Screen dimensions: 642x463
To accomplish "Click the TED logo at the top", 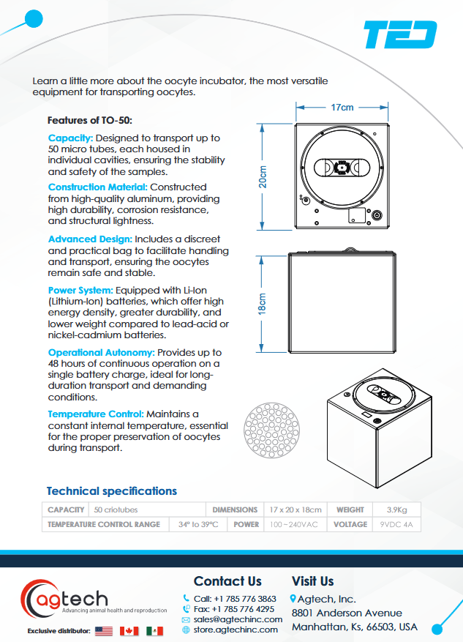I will pyautogui.click(x=400, y=35).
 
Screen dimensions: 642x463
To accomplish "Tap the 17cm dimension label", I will pyautogui.click(x=342, y=108).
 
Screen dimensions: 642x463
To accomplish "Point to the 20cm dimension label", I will pyautogui.click(x=263, y=177).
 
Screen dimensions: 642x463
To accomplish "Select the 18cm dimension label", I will pyautogui.click(x=263, y=303).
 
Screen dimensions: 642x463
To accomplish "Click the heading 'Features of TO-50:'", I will pyautogui.click(x=89, y=120).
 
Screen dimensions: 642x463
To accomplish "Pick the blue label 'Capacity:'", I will pyautogui.click(x=70, y=138).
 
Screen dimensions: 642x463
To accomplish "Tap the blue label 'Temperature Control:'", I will pyautogui.click(x=96, y=414).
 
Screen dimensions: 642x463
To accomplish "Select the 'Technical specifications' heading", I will pyautogui.click(x=111, y=490).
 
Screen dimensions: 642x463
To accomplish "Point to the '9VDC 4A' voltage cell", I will pyautogui.click(x=398, y=524).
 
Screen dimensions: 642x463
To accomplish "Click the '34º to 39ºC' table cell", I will pyautogui.click(x=200, y=524).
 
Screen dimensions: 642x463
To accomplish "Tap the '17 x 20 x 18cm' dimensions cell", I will pyautogui.click(x=296, y=510).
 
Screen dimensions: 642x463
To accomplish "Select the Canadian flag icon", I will pyautogui.click(x=129, y=630).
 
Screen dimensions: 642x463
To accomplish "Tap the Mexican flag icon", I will pyautogui.click(x=154, y=630).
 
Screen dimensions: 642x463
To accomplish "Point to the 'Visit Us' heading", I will pyautogui.click(x=312, y=581).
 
